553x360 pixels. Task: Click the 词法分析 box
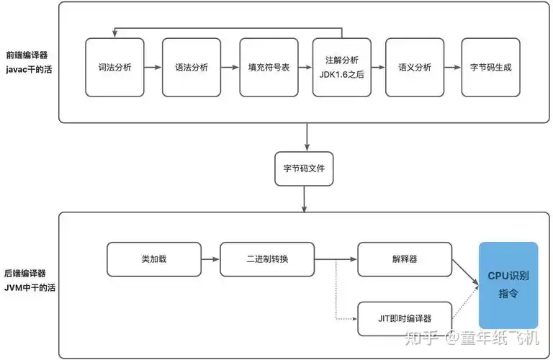114,67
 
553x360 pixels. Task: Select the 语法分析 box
192,67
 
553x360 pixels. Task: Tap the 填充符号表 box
269,67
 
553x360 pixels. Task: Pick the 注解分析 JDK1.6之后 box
342,67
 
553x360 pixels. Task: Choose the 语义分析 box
415,67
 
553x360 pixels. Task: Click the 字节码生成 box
490,67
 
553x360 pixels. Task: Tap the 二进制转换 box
267,259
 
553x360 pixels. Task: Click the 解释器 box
405,259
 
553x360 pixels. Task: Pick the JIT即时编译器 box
405,318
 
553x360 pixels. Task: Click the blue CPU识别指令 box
508,285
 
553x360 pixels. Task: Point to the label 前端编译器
27,55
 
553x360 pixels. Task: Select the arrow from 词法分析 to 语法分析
153,67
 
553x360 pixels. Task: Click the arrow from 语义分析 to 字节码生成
452,67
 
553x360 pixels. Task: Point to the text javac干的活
29,70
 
